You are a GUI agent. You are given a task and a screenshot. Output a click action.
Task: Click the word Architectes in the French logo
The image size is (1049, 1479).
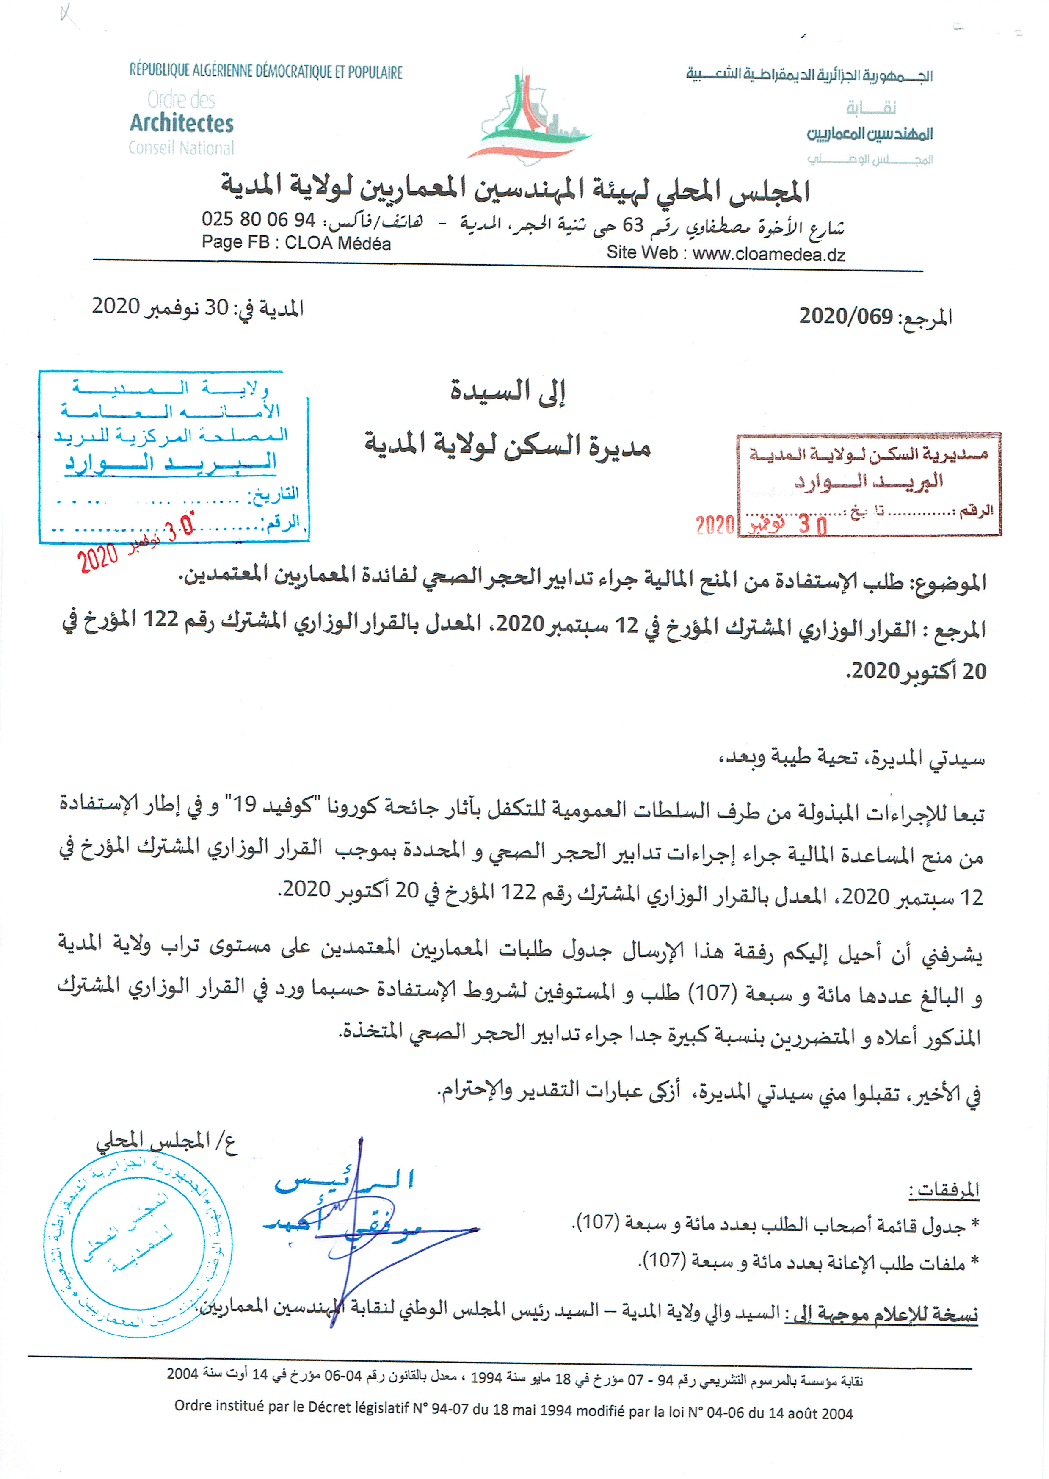click(x=182, y=123)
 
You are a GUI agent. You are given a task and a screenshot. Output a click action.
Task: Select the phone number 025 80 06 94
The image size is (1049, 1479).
click(x=258, y=220)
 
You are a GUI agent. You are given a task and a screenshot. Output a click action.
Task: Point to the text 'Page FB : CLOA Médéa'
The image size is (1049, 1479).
click(x=296, y=243)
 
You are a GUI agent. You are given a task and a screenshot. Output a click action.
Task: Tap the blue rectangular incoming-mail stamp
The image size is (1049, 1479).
click(x=173, y=456)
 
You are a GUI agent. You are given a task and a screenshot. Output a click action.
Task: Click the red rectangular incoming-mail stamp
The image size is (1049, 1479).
click(x=868, y=485)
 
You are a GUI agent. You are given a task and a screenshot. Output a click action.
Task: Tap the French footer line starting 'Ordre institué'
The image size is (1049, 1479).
click(x=513, y=1413)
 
